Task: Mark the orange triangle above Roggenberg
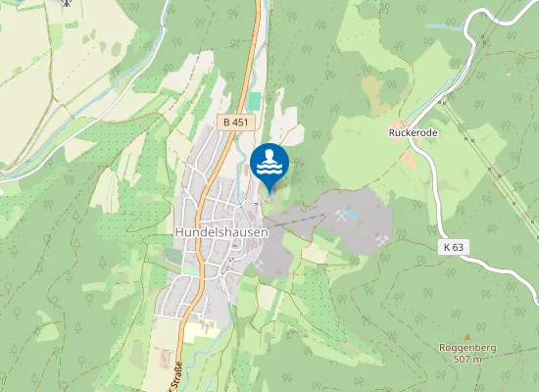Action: (x=466, y=335)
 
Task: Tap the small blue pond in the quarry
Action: (x=351, y=214)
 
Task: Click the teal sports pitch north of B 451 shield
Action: (x=256, y=101)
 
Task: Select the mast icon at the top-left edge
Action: (x=66, y=3)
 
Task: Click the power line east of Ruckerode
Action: (x=490, y=157)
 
